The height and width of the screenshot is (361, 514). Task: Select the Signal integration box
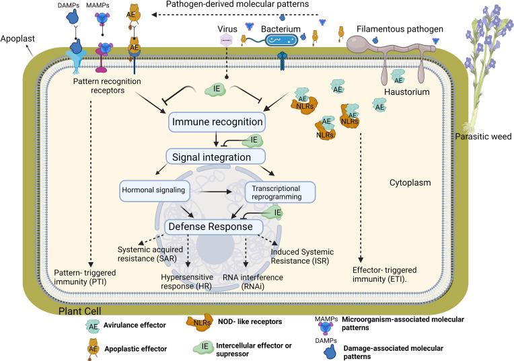tap(209, 157)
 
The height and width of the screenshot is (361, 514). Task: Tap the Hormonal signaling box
tap(152, 190)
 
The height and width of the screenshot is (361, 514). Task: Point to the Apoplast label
tap(17, 39)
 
